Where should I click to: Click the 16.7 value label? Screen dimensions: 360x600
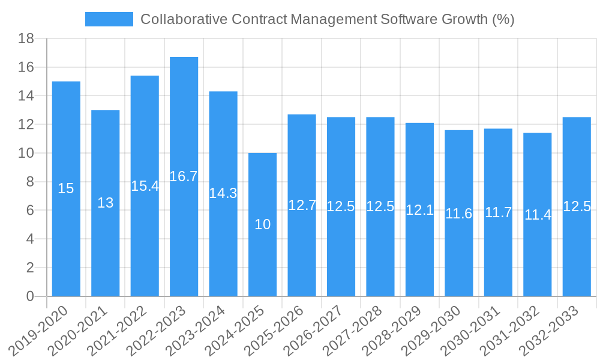point(184,176)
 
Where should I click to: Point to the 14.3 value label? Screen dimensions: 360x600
point(223,193)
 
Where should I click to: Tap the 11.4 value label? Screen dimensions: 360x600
point(538,215)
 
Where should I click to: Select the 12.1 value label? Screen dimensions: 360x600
point(420,210)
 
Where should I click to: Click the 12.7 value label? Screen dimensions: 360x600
point(302,205)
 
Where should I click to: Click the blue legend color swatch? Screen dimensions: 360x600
point(109,19)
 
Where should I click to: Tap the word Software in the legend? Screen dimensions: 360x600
point(409,19)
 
